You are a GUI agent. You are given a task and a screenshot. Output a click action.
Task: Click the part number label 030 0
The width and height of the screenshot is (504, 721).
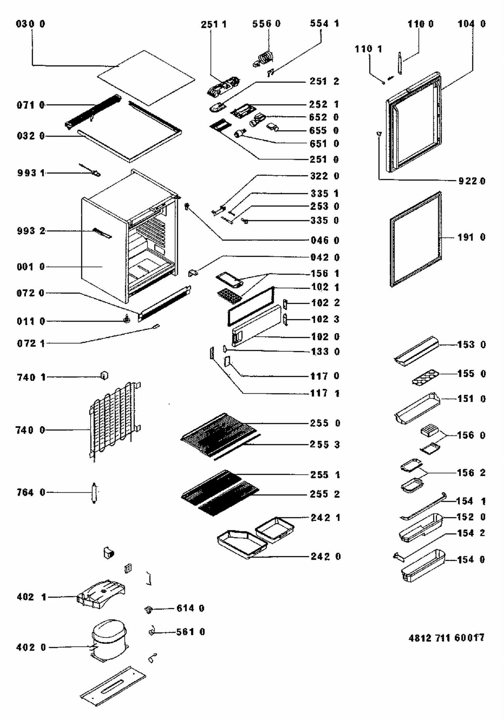tap(30, 24)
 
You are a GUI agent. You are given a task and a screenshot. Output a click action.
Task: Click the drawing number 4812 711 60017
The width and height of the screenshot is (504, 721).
tap(446, 638)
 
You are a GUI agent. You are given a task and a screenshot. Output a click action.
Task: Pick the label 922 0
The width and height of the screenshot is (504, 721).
tap(472, 181)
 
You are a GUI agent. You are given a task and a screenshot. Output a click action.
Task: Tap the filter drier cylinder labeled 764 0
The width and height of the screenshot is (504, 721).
tap(94, 492)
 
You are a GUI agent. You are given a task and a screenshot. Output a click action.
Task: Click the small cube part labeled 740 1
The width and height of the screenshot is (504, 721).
tap(104, 376)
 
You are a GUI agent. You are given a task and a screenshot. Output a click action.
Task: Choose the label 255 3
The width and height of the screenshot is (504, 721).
tap(325, 445)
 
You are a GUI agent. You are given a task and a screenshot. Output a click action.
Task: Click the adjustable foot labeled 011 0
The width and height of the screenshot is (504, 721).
tap(127, 319)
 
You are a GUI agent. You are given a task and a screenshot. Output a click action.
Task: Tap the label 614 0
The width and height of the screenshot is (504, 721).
tap(190, 608)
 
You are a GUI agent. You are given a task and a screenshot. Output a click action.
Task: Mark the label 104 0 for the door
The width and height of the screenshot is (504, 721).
tap(471, 24)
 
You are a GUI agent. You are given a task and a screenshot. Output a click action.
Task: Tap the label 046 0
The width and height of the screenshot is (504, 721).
tap(325, 241)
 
